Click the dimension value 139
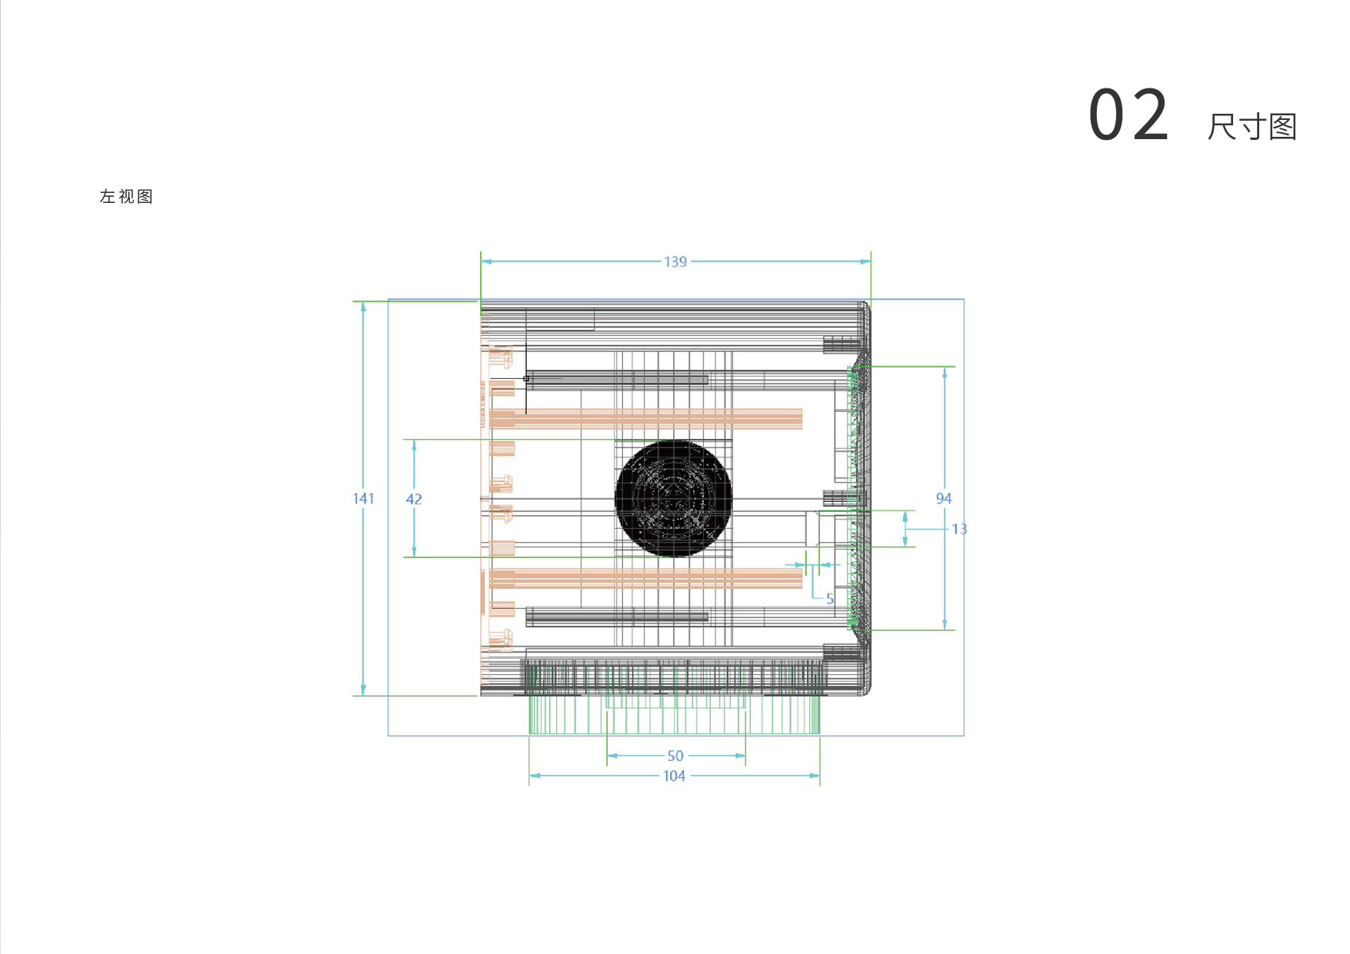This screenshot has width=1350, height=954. (x=675, y=262)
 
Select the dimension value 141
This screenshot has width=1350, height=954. (x=363, y=499)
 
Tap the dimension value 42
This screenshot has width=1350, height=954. (x=414, y=500)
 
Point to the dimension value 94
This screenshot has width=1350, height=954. (x=944, y=499)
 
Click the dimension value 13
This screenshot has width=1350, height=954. (x=959, y=529)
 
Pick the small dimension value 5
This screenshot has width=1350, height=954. (x=830, y=599)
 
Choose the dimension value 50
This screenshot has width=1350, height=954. (x=675, y=756)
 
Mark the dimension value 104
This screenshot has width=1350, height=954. (x=674, y=776)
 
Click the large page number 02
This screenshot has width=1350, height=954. (x=1129, y=115)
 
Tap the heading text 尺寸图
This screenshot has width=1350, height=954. (x=1252, y=127)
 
